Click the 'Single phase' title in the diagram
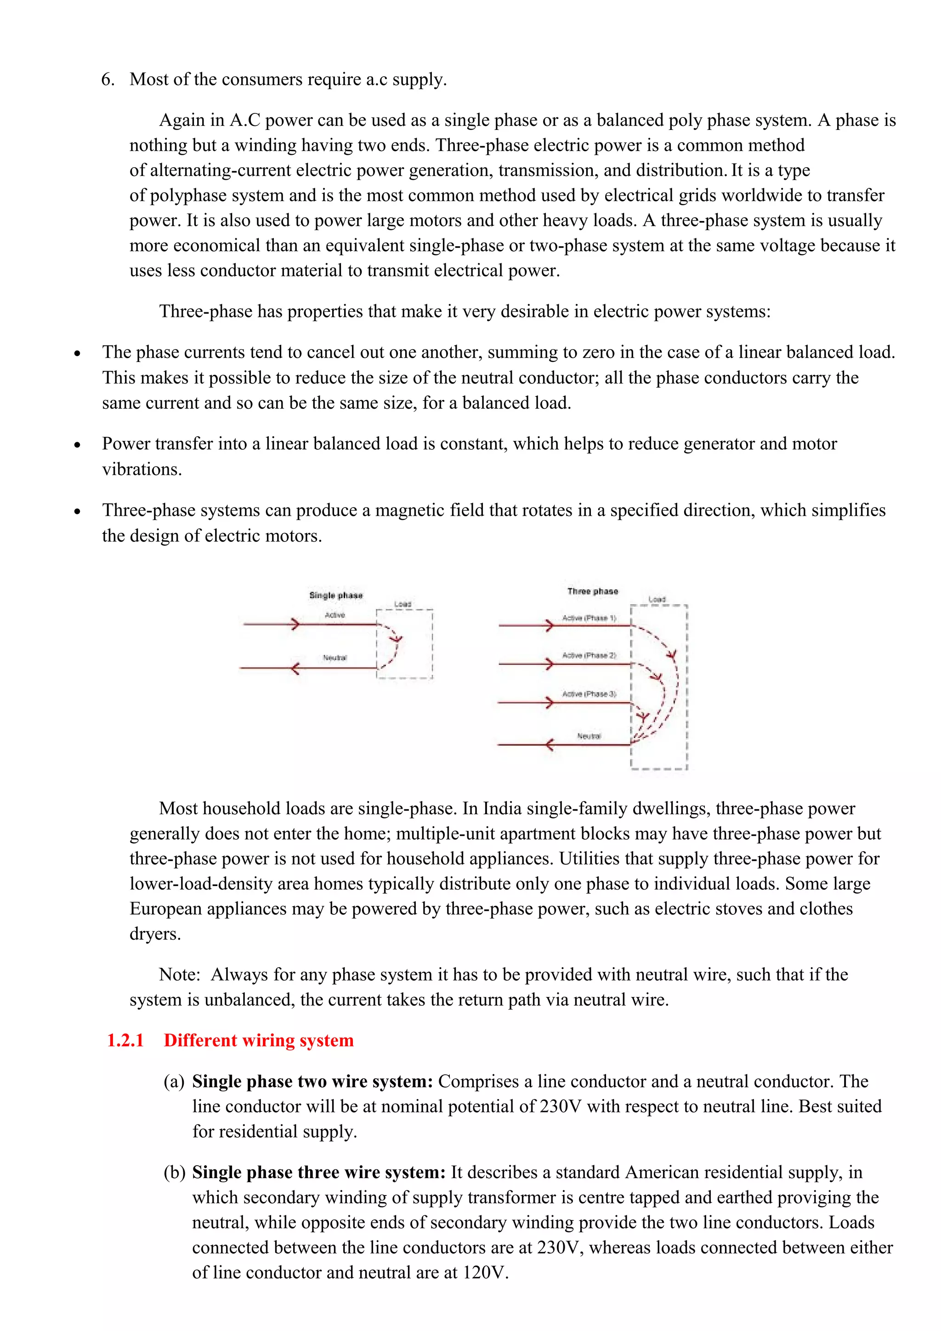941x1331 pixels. [x=336, y=595]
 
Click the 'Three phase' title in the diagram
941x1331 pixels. [x=593, y=591]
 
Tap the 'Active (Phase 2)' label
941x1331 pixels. [x=589, y=655]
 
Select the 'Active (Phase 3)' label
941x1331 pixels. [x=589, y=694]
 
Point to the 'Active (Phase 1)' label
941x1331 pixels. [x=589, y=618]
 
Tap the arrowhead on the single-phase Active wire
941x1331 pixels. [x=295, y=624]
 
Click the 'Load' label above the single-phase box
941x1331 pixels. [x=402, y=604]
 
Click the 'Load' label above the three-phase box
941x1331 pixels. [x=657, y=599]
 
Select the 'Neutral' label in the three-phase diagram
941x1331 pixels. [x=589, y=736]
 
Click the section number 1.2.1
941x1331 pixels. [x=125, y=1041]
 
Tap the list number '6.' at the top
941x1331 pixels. [x=108, y=79]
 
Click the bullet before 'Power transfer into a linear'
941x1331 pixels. [x=77, y=445]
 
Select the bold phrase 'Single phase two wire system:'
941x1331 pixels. [x=312, y=1082]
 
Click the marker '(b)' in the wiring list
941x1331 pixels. [x=174, y=1173]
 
